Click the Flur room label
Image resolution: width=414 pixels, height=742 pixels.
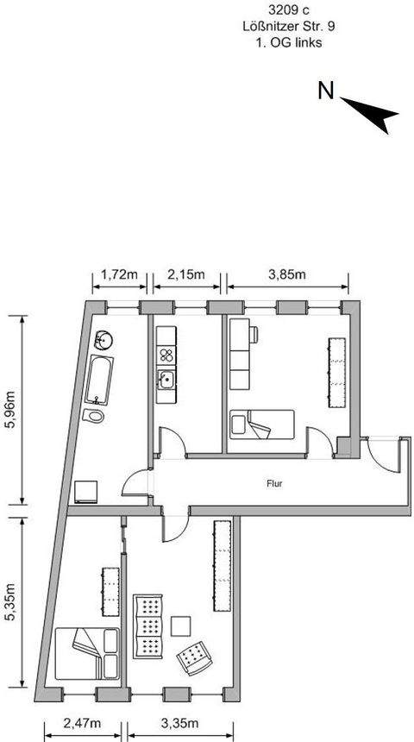coord(274,484)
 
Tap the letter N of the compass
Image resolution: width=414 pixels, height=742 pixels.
coord(326,91)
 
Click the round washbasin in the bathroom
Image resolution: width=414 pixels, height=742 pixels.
coord(103,339)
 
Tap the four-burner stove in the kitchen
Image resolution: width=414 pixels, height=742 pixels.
coord(165,353)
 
